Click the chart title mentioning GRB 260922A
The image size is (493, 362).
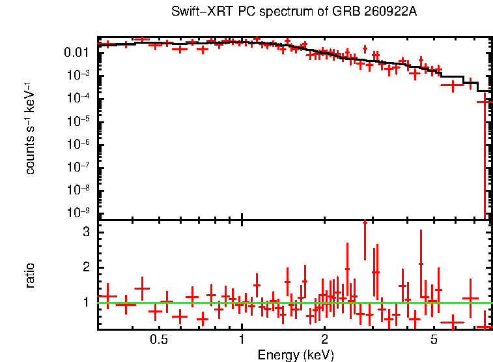point(294,12)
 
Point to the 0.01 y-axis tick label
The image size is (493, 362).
point(77,52)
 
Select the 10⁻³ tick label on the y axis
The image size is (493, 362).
point(78,75)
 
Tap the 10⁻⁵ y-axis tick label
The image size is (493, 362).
point(78,121)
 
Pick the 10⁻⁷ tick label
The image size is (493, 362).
point(78,167)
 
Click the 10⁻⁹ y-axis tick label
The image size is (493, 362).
point(78,213)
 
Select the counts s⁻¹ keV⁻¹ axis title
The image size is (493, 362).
point(30,128)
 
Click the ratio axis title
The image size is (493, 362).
point(30,276)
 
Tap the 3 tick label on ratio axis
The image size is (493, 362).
point(86,232)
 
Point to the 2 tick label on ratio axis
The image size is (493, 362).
point(86,267)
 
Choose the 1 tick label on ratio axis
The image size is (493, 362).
point(87,303)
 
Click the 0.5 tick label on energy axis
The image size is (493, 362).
point(159,340)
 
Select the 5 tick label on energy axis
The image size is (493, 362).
point(434,340)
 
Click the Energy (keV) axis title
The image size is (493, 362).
point(296,355)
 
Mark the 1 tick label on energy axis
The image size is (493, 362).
point(242,340)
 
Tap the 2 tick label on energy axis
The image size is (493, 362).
point(324,340)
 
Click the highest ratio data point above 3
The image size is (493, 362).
point(365,222)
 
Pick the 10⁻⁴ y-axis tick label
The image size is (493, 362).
point(78,98)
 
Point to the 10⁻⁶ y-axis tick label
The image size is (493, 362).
point(78,144)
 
